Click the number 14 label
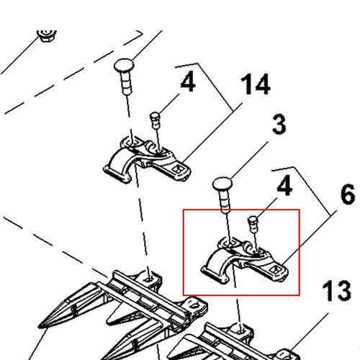(256, 84)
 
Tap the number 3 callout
(279, 124)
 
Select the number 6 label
(348, 194)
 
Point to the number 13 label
(336, 291)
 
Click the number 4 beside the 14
(188, 82)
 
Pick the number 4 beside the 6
(284, 185)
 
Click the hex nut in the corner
(47, 35)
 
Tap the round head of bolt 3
(222, 184)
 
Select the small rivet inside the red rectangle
(253, 224)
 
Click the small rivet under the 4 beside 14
(155, 120)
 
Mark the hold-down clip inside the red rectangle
(245, 261)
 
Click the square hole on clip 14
(177, 169)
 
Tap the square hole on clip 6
(274, 270)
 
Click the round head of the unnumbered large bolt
(124, 66)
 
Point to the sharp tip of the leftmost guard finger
(39, 326)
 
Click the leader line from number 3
(249, 161)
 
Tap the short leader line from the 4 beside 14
(168, 103)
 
